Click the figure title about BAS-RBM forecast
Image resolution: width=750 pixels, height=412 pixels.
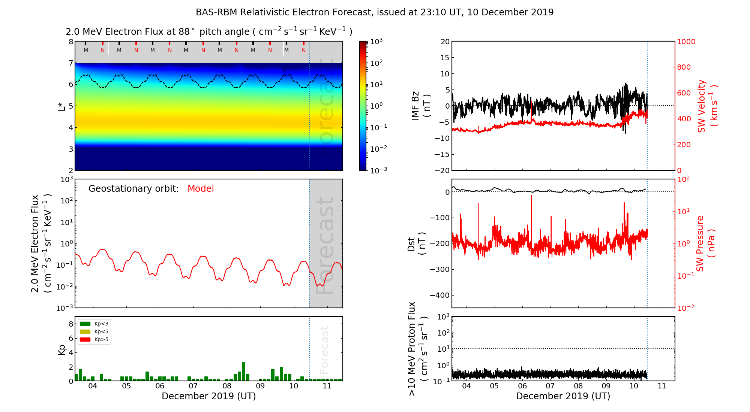click(x=375, y=12)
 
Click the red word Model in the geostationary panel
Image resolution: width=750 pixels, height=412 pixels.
click(x=201, y=189)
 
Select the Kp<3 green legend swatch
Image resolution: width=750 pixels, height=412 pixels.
click(x=85, y=324)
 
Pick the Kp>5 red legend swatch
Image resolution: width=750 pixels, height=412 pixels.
click(x=85, y=340)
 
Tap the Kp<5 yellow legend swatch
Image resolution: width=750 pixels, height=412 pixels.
click(x=85, y=331)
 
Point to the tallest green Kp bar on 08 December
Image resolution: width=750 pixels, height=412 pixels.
click(x=243, y=371)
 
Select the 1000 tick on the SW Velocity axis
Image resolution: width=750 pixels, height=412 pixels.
click(x=686, y=42)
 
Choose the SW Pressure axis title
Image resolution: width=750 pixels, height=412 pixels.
click(x=705, y=243)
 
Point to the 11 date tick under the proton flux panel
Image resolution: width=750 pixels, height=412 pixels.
click(x=662, y=386)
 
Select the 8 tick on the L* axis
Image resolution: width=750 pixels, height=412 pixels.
click(x=70, y=42)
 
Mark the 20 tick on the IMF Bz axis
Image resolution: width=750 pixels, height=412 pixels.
click(x=445, y=42)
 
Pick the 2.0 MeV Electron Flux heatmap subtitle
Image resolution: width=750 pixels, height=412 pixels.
click(x=209, y=32)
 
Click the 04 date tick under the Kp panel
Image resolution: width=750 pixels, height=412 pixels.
click(x=92, y=386)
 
